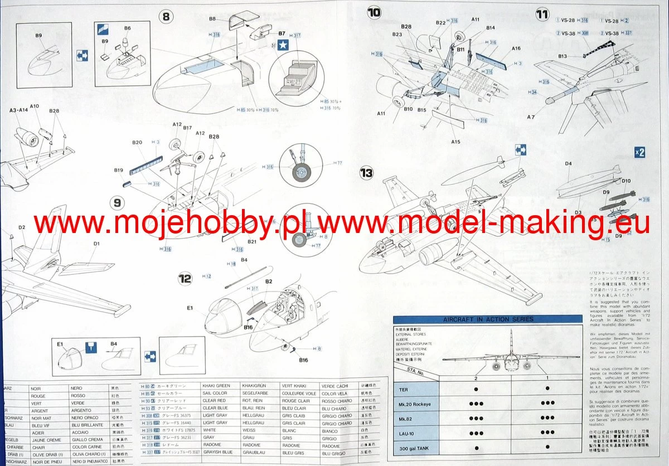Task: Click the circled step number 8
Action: (165, 16)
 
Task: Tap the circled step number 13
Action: (366, 173)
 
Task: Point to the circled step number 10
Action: (374, 12)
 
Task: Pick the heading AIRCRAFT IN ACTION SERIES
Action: (488, 319)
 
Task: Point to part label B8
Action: (212, 19)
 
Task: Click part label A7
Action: (530, 117)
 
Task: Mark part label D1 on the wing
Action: (96, 244)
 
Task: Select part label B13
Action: (562, 56)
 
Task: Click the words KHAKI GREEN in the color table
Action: (216, 386)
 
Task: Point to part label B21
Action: (251, 241)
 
